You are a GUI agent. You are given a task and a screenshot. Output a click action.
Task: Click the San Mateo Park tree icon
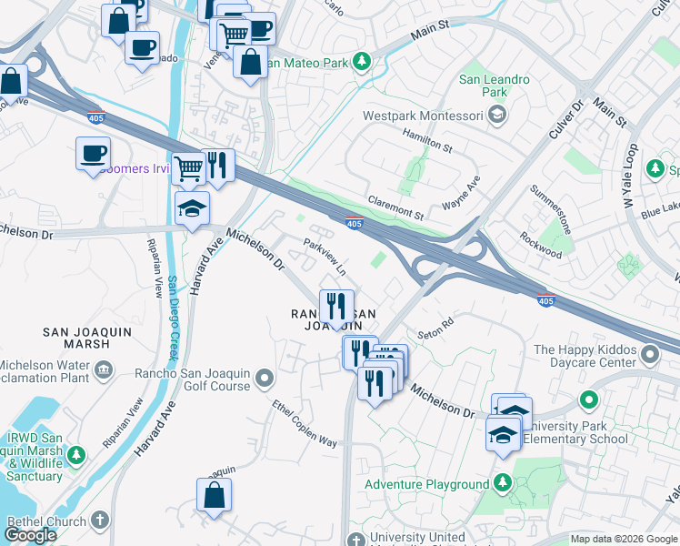pos(363,62)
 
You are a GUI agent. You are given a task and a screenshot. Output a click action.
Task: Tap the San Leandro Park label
pos(495,86)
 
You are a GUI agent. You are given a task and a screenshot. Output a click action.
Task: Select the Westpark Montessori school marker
pos(497,115)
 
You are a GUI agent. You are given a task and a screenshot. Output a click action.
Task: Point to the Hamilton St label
pos(427,140)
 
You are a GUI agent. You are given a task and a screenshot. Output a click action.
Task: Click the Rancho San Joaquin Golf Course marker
pos(265,377)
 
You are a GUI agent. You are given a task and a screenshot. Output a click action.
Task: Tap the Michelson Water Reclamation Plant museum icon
pos(104,369)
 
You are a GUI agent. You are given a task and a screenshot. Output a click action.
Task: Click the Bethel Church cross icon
pos(99,521)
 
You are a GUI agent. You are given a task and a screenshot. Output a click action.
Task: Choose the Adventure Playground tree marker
pos(502,484)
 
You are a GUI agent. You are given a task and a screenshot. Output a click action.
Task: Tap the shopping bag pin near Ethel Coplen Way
pos(214,496)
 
